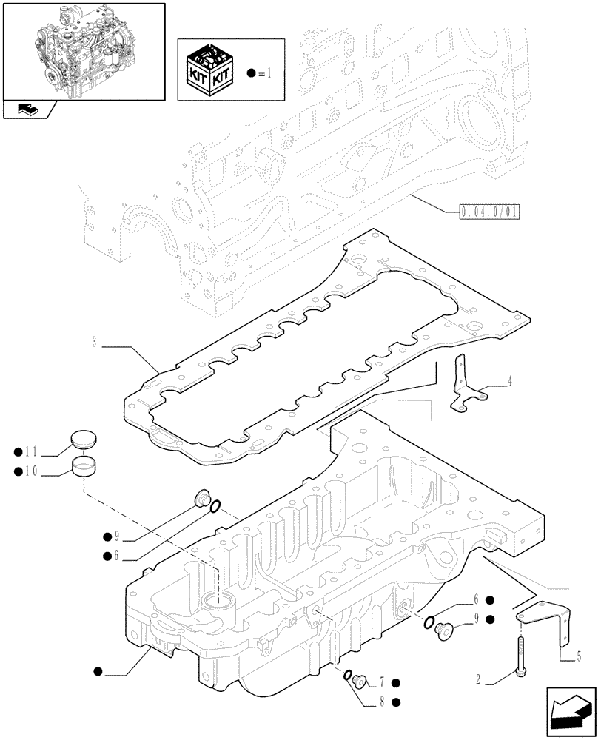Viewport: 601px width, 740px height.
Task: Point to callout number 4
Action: (508, 382)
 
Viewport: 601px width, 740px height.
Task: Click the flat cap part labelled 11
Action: (84, 442)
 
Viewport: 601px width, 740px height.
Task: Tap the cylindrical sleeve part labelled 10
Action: (85, 466)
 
